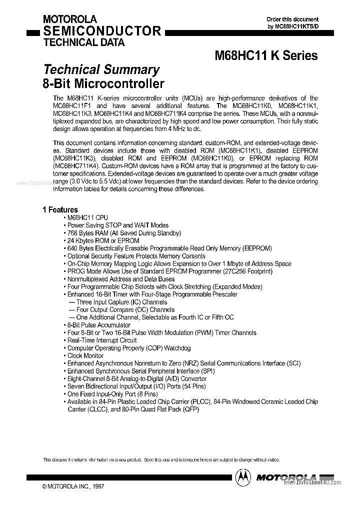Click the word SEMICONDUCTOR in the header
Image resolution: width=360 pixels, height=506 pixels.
(102, 31)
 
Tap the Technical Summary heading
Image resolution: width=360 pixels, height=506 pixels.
(101, 69)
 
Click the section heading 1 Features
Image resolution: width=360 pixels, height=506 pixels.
(60, 210)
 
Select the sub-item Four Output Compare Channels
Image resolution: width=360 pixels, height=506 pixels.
(121, 309)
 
